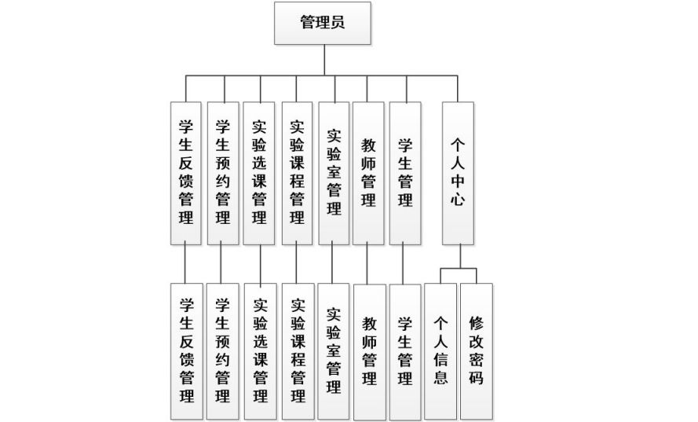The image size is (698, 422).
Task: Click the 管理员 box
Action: click(322, 23)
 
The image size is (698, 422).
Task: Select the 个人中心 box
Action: click(458, 174)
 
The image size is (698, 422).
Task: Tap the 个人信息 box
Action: click(440, 351)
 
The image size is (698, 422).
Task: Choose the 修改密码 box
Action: click(477, 351)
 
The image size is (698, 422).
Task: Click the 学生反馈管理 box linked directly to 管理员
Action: click(185, 174)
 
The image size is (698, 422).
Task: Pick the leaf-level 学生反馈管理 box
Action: click(187, 351)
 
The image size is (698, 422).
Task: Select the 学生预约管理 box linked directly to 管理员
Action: click(222, 174)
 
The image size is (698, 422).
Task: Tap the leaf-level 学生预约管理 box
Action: click(222, 351)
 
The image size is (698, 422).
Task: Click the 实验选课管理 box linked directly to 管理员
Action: click(258, 174)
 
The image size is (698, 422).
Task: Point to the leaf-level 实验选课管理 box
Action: click(261, 351)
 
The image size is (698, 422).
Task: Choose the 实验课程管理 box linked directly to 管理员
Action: click(297, 174)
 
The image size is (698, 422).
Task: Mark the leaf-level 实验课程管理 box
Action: click(298, 351)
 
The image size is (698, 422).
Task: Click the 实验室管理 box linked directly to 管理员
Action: click(334, 174)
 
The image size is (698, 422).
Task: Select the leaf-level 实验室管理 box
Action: click(334, 351)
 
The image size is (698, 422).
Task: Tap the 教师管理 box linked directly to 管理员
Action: click(368, 174)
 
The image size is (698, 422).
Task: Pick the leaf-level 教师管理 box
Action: click(370, 352)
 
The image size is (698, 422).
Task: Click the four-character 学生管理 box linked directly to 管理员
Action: click(405, 174)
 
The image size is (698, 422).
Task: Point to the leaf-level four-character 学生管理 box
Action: click(405, 352)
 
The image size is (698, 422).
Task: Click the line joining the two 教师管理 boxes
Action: click(367, 264)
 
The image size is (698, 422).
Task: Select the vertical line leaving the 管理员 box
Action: click(324, 61)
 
